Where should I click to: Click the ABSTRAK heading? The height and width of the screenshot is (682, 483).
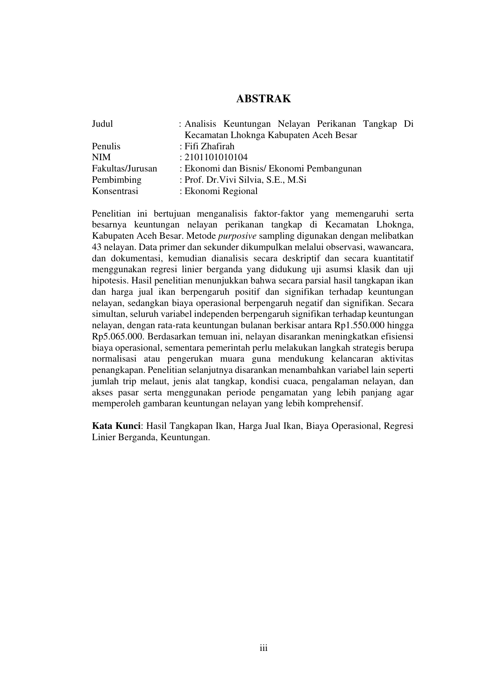pos(263,99)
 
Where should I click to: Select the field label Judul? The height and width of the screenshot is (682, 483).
pos(102,124)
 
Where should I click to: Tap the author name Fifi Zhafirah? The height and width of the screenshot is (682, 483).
pos(210,147)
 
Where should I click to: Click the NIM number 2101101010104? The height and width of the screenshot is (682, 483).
pos(216,157)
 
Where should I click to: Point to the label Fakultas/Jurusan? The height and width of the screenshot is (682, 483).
pos(125,169)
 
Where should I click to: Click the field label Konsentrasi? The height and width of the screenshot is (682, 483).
pos(115,191)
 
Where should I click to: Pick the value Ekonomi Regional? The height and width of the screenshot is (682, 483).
pos(221,191)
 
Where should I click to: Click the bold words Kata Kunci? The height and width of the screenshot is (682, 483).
pos(116,426)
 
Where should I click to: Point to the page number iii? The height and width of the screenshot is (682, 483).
pos(263,648)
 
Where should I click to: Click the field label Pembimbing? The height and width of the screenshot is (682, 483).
pos(117,180)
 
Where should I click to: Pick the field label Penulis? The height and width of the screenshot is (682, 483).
pos(106,147)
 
